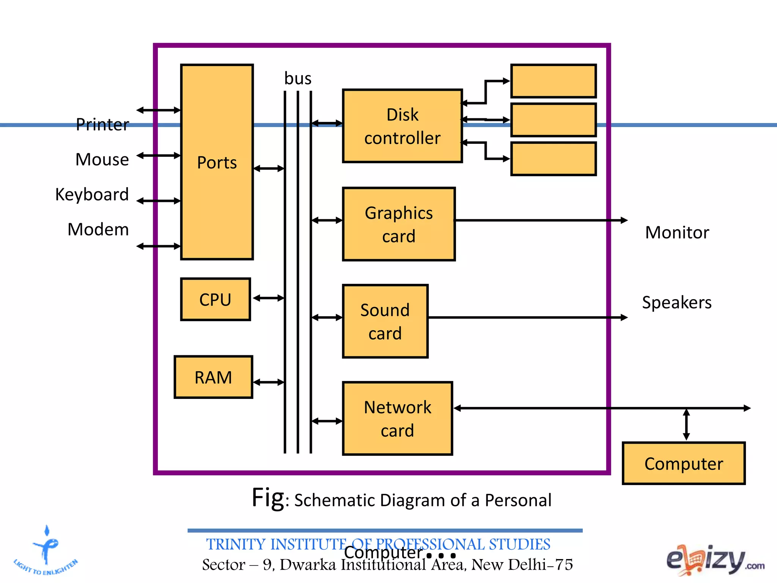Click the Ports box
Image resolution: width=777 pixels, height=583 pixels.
[217, 162]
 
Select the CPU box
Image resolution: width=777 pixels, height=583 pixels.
[215, 299]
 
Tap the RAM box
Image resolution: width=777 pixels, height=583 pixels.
[214, 377]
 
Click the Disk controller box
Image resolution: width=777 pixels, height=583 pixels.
[402, 126]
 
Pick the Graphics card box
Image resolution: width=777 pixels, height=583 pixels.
[399, 224]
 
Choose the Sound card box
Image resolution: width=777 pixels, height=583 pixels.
[385, 321]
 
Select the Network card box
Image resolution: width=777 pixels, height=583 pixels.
[398, 418]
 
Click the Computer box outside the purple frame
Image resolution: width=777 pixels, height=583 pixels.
[684, 463]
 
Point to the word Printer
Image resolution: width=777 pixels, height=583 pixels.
[102, 124]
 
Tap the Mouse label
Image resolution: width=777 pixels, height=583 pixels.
[102, 159]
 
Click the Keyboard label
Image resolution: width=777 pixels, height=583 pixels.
[92, 194]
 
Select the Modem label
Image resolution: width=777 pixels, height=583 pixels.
[98, 229]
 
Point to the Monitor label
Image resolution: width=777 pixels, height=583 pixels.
[677, 232]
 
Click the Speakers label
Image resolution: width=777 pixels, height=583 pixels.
[677, 303]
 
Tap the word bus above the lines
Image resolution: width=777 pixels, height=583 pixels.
[298, 79]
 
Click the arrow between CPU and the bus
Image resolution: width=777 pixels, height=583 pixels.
[269, 298]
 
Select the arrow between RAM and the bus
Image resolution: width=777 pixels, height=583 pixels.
[269, 382]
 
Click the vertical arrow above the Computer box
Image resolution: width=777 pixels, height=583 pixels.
[686, 424]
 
